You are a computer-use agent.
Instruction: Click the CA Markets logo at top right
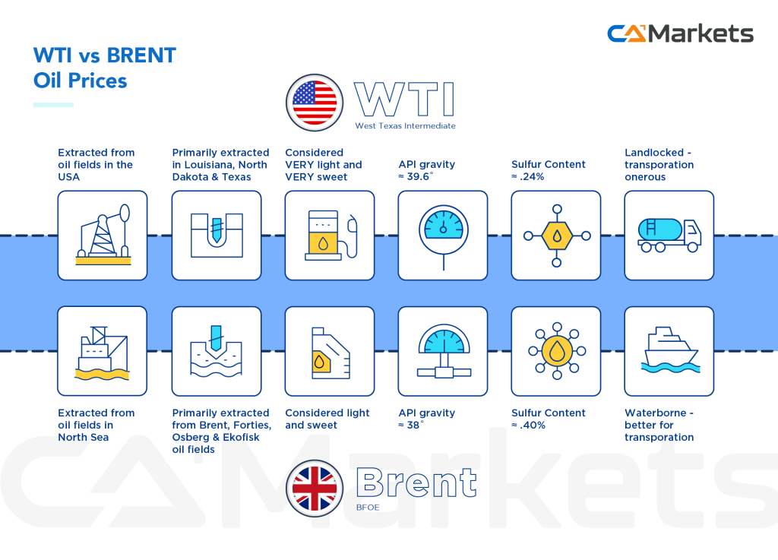pyautogui.click(x=680, y=34)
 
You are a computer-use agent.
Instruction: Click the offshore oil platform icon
pyautogui.click(x=103, y=351)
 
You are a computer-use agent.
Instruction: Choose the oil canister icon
pyautogui.click(x=329, y=352)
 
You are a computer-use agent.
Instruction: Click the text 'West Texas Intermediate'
pyautogui.click(x=405, y=126)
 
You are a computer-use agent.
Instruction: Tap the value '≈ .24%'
pyautogui.click(x=529, y=177)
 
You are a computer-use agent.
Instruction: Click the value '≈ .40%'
pyautogui.click(x=529, y=426)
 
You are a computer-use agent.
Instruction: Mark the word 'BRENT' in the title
pyautogui.click(x=142, y=55)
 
